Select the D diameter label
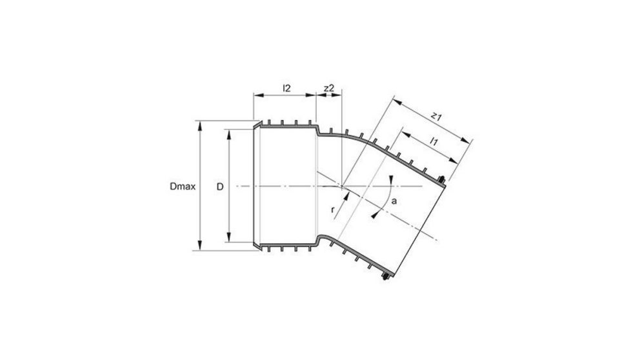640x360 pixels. click(219, 186)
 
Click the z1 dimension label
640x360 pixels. click(436, 117)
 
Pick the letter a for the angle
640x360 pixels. click(394, 201)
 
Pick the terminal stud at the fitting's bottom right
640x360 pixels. click(385, 277)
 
